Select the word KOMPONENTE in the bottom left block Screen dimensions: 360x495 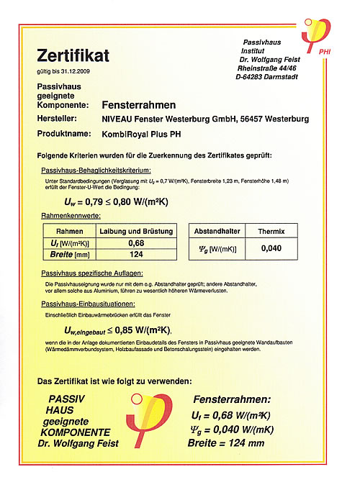[x=75, y=433]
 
